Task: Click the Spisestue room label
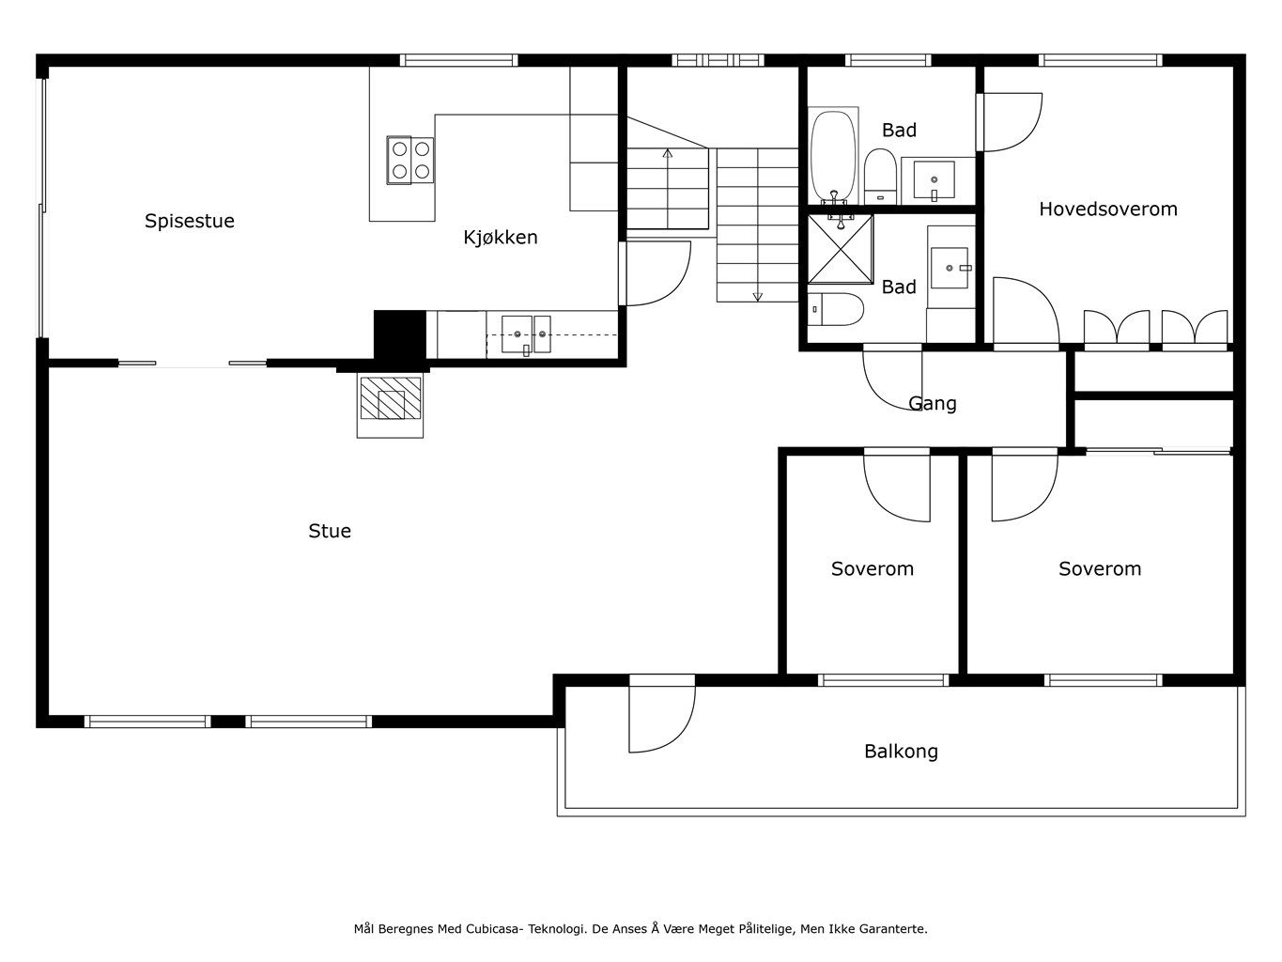click(189, 221)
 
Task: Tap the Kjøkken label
click(500, 237)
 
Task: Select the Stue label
click(330, 531)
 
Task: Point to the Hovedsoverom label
click(1108, 209)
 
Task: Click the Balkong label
click(902, 752)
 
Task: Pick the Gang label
click(933, 404)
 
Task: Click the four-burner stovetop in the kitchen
click(410, 160)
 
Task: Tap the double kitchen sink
click(526, 334)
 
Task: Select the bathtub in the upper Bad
click(833, 157)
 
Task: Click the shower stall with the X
click(841, 249)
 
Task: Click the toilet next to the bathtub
click(880, 177)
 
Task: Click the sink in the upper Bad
click(934, 181)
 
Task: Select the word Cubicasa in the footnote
click(493, 929)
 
